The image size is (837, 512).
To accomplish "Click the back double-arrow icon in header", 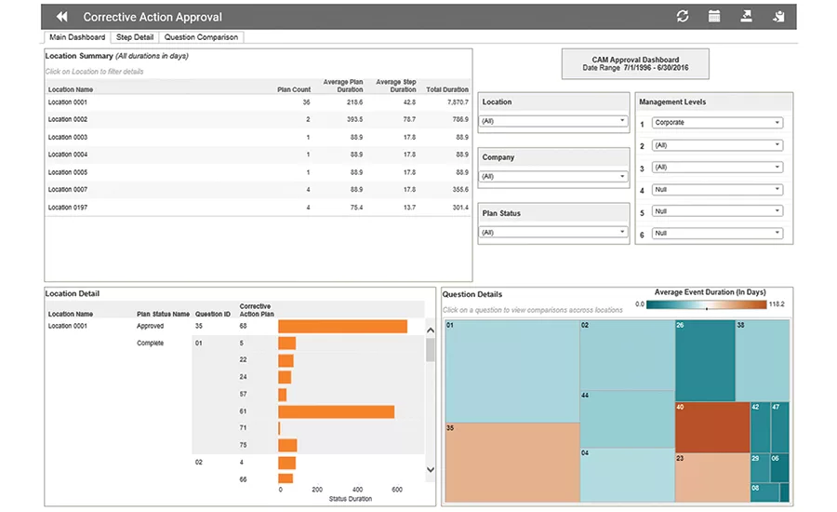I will point(62,17).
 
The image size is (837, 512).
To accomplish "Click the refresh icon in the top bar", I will point(683,17).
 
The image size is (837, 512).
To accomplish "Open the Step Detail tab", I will point(135,37).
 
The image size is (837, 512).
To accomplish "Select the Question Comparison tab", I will point(201,37).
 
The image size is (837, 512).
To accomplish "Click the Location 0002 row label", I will point(68,119).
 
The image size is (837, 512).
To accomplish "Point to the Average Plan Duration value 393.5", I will point(354,119).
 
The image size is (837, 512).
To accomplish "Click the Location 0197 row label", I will point(68,207).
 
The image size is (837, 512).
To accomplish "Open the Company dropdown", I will point(553,177).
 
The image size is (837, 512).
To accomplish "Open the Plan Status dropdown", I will point(553,233).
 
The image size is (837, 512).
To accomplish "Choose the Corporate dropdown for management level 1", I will point(716,123).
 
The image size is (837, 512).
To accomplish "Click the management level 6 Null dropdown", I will point(716,234).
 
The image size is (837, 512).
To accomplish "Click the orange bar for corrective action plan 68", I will point(342,326).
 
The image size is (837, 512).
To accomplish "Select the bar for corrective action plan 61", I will point(336,411).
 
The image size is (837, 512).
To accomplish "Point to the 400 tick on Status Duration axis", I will point(358,489).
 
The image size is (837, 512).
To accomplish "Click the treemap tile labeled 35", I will point(511,461).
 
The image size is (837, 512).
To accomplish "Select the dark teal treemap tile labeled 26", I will point(704,360).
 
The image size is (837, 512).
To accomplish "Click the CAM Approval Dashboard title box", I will point(635,64).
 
